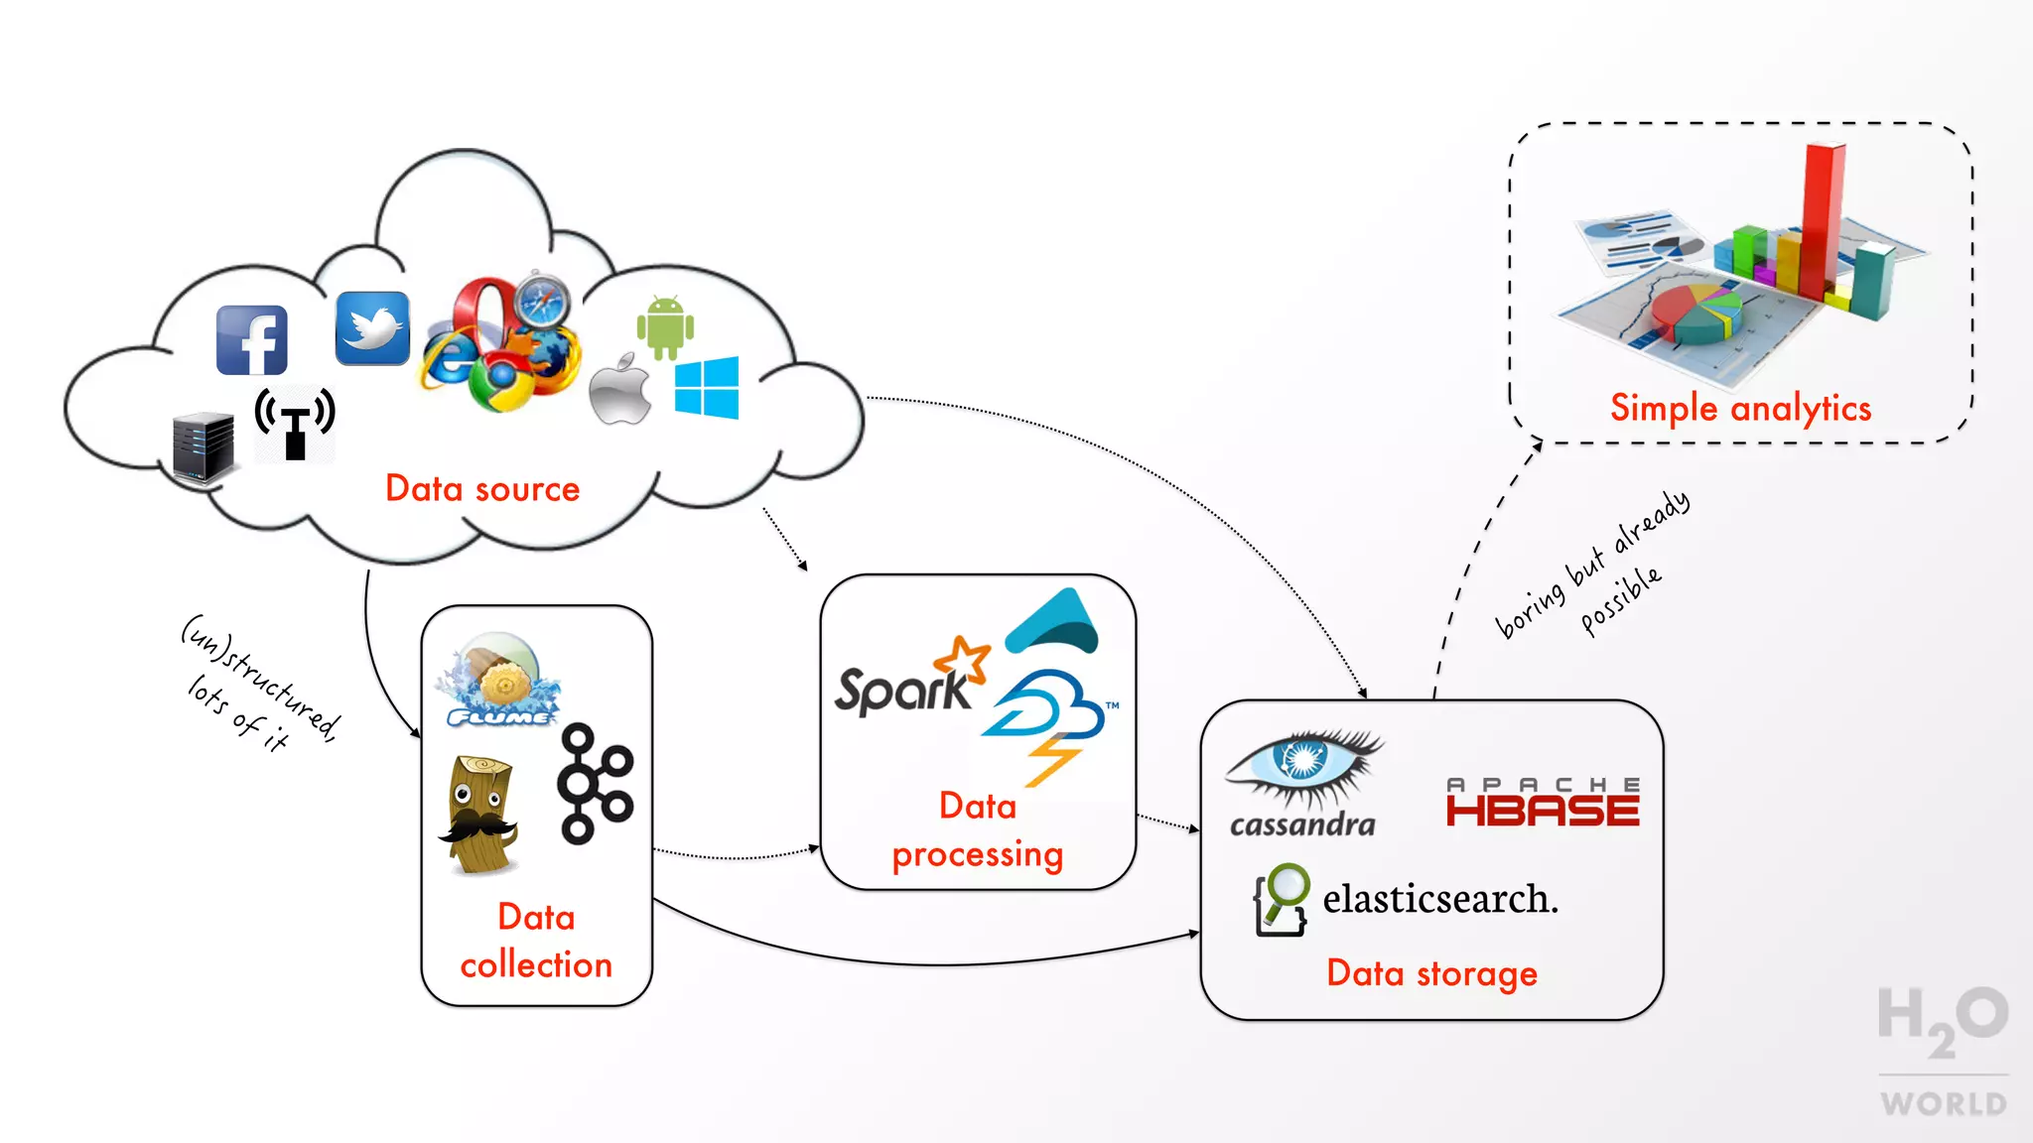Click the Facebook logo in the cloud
click(x=252, y=340)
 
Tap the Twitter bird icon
click(x=372, y=328)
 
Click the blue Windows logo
click(x=707, y=388)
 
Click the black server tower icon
click(x=203, y=448)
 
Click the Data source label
click(x=482, y=489)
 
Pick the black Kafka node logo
click(x=595, y=784)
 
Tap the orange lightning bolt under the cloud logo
click(x=1052, y=760)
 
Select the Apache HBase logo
click(x=1542, y=803)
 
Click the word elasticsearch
click(x=1439, y=899)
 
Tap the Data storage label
click(x=1431, y=974)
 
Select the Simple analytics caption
click(x=1740, y=409)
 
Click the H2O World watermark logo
click(x=1943, y=1050)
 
